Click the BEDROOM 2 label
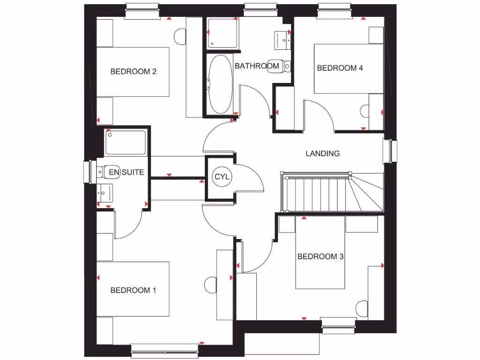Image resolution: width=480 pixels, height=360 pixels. click(x=133, y=72)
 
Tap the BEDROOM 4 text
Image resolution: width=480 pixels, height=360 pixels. click(x=340, y=68)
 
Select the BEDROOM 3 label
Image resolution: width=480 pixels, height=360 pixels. click(x=321, y=256)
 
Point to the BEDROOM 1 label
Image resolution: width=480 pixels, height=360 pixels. click(x=133, y=290)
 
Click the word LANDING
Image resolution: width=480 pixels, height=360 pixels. click(x=322, y=153)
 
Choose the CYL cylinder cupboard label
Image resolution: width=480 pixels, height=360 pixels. click(x=221, y=177)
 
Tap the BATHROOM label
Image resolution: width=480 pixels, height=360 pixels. click(x=257, y=66)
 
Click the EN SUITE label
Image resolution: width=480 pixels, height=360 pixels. click(x=126, y=172)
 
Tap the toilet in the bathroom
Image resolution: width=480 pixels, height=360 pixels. click(x=286, y=66)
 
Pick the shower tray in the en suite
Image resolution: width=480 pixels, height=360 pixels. click(x=126, y=143)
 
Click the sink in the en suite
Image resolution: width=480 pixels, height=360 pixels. click(x=105, y=192)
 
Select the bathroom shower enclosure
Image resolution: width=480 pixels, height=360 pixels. click(x=222, y=34)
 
